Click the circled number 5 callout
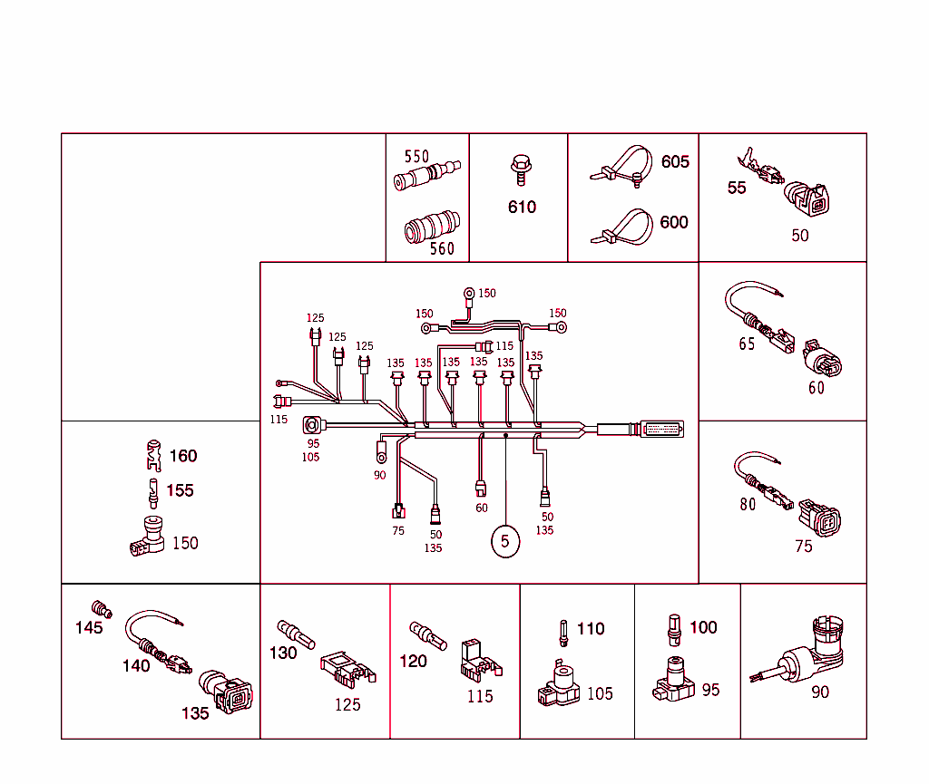(505, 542)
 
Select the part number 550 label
(416, 157)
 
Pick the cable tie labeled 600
(626, 227)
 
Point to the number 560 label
(442, 249)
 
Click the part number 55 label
(737, 188)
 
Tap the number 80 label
(747, 505)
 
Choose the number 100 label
(703, 627)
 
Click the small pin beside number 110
(563, 631)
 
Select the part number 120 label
(413, 661)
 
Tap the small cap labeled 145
(102, 608)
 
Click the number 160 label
(183, 456)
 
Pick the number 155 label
(180, 490)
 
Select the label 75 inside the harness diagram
(398, 531)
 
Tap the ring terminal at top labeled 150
(469, 294)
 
